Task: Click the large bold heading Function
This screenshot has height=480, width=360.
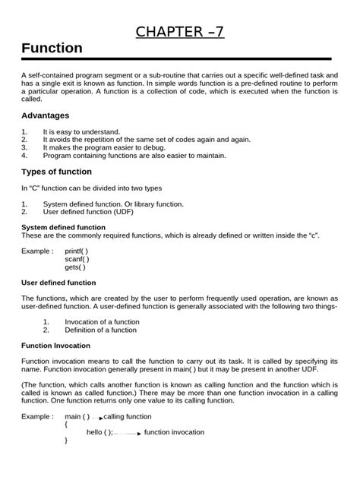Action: point(52,48)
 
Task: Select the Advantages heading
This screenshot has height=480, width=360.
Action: point(45,115)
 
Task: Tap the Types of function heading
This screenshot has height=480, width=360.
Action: point(56,172)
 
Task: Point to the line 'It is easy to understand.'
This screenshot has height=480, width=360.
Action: point(81,131)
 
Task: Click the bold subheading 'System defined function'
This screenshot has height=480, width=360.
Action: point(63,227)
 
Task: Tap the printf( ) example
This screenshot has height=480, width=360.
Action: point(77,251)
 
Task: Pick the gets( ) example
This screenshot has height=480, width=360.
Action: point(75,267)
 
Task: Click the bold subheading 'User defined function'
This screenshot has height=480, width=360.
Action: point(58,283)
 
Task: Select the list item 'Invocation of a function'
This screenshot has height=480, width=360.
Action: point(102,322)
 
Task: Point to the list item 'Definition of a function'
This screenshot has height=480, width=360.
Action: point(101,330)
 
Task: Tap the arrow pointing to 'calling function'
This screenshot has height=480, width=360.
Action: point(96,418)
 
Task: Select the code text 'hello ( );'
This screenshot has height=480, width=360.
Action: point(99,432)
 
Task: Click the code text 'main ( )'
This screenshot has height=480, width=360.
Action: point(77,417)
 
